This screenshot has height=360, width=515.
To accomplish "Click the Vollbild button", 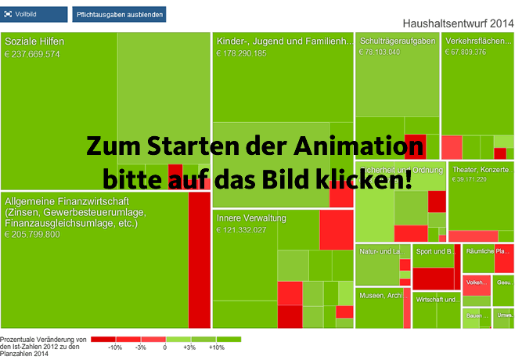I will [34, 14].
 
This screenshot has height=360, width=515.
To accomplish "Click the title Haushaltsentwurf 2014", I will [457, 25].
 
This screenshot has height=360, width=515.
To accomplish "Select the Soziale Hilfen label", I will [34, 42].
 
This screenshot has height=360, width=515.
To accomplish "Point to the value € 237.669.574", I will [33, 54].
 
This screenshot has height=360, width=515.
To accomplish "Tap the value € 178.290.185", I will [242, 53].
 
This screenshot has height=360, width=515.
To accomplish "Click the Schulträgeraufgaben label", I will [397, 41].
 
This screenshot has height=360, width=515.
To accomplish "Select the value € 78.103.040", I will [380, 52].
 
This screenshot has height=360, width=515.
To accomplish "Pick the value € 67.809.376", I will [466, 52].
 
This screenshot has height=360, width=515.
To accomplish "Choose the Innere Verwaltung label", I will [251, 218].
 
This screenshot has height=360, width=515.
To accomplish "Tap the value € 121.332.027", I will [242, 229].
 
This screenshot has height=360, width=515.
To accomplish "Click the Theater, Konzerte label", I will [481, 169].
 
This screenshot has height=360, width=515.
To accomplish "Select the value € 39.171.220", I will [470, 179].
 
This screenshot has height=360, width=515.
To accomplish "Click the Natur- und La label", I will [380, 251].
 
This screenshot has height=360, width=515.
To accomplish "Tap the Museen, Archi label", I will [380, 296].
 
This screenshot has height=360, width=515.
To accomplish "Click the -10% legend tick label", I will [115, 347].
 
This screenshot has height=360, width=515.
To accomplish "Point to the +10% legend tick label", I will [216, 347].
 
